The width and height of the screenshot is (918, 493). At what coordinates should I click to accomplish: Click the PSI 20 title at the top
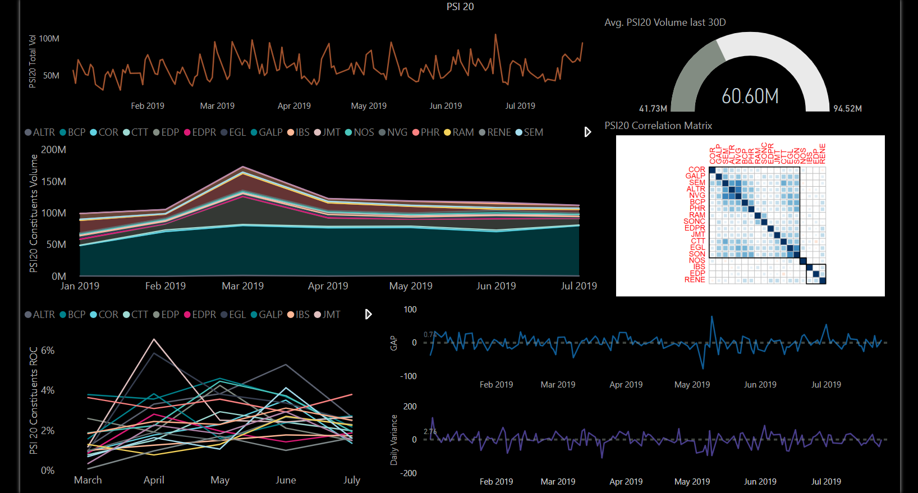[x=460, y=7]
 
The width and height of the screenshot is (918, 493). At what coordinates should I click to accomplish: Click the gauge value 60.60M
[x=750, y=96]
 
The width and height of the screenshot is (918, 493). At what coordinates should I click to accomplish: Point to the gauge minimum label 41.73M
[x=653, y=109]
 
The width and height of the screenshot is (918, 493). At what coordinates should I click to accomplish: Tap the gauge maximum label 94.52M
[x=847, y=109]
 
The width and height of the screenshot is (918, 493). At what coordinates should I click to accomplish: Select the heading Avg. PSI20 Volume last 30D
[x=665, y=22]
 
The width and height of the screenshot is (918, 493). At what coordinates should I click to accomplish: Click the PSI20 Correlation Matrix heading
[x=658, y=126]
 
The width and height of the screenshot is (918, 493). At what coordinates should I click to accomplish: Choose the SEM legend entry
[x=530, y=132]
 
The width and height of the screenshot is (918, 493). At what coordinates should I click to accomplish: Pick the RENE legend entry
[x=495, y=132]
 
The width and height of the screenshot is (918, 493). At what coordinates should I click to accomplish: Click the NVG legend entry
[x=393, y=132]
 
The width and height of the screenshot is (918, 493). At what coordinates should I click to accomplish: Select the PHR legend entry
[x=426, y=132]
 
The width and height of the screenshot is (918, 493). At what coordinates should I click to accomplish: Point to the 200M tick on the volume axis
[x=54, y=150]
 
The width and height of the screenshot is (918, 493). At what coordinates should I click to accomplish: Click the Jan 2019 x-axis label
[x=80, y=286]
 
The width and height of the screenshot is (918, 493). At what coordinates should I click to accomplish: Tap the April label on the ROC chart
[x=154, y=480]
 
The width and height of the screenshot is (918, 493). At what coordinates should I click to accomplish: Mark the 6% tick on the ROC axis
[x=48, y=351]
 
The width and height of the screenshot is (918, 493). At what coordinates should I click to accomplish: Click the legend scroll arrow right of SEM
[x=587, y=132]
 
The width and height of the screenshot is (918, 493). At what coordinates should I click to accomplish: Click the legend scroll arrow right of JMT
[x=368, y=315]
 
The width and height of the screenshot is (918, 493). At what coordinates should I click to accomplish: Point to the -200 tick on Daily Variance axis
[x=408, y=473]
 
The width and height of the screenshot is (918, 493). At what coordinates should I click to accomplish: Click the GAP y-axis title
[x=393, y=343]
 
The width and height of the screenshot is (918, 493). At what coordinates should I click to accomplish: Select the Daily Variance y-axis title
[x=393, y=440]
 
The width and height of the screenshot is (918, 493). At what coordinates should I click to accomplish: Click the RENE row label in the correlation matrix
[x=695, y=280]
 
